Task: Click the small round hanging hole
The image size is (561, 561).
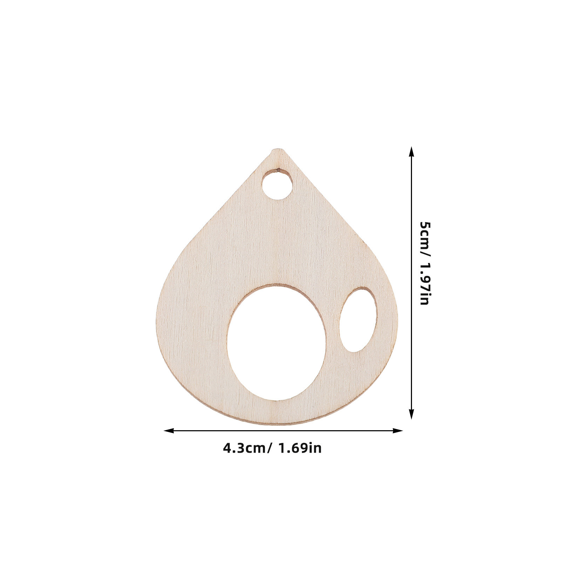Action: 277,184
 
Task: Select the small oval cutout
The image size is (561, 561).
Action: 358,319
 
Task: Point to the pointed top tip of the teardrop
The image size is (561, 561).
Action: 278,149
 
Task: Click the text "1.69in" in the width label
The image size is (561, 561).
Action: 300,448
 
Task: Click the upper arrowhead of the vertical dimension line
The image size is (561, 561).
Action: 412,151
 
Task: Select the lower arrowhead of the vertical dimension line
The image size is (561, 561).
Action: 412,414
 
